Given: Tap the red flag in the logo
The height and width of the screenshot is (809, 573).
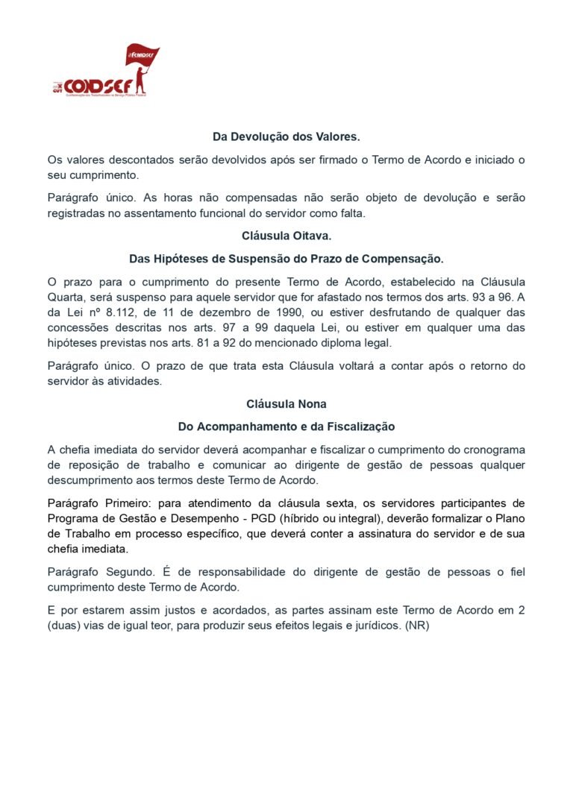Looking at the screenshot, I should coord(142,55).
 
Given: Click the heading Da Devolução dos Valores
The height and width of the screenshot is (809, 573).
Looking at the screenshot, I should coord(286,137).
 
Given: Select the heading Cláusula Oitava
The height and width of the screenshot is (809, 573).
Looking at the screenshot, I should coord(286,236).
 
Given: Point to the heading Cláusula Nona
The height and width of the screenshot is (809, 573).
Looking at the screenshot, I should coord(286,404).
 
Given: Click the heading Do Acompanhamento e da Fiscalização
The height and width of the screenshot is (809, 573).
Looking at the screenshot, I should coord(286,426).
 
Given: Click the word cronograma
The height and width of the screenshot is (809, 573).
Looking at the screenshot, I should coord(492,450).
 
